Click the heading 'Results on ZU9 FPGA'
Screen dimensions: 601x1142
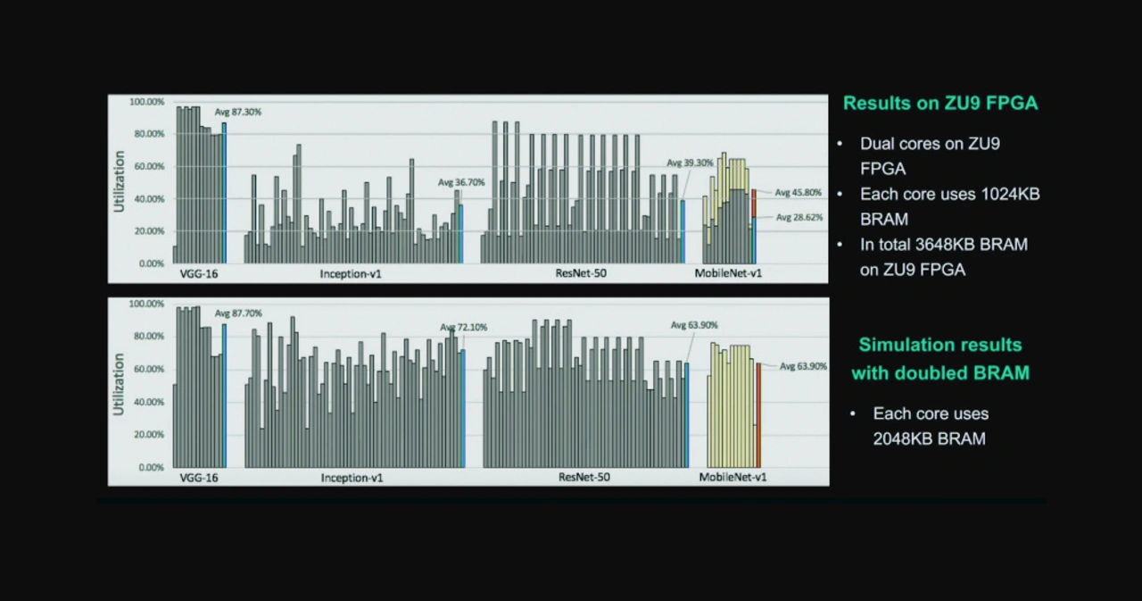tap(940, 104)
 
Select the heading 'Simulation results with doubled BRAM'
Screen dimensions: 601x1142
tap(940, 358)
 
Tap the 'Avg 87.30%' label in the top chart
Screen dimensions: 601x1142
tap(237, 112)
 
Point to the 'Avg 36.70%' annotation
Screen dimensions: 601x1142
tap(461, 182)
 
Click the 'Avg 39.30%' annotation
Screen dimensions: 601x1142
tap(690, 163)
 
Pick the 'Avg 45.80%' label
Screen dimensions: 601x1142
tap(798, 193)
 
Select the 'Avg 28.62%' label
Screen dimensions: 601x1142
tap(799, 217)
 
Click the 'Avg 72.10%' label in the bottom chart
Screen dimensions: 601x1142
tap(463, 328)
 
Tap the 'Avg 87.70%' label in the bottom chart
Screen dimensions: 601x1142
tap(237, 313)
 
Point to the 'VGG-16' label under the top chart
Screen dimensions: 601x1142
tap(198, 273)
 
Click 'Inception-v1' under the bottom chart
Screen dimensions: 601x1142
tap(352, 478)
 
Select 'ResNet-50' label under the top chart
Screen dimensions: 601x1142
tap(580, 273)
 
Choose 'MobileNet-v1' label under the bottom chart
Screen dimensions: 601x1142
tap(732, 478)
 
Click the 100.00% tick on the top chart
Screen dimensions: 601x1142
tap(146, 102)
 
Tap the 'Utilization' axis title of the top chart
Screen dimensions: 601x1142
tap(119, 181)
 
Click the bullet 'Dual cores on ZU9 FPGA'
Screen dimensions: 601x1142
tap(930, 155)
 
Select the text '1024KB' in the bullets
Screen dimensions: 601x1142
tap(1004, 194)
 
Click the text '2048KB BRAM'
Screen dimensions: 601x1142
tap(929, 438)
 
